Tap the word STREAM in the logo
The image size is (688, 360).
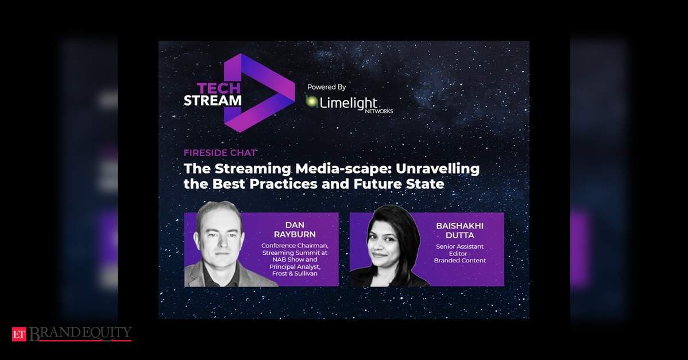[x=212, y=100]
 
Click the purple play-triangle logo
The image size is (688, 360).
[x=259, y=92]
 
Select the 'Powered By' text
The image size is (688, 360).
[x=326, y=87]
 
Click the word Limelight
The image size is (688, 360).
[x=349, y=103]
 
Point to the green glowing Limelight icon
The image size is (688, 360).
[x=312, y=101]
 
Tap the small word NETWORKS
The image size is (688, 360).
[x=378, y=111]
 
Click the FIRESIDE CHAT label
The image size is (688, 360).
[x=220, y=153]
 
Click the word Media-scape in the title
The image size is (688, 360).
[x=343, y=169]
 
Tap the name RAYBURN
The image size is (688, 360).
[x=295, y=235]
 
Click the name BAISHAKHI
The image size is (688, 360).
[x=459, y=226]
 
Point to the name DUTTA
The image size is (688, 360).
[x=460, y=235]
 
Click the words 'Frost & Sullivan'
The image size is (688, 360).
[x=295, y=274]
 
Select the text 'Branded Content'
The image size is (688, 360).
[x=460, y=261]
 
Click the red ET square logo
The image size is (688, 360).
[x=19, y=334]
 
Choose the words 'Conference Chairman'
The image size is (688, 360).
[x=295, y=246]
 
